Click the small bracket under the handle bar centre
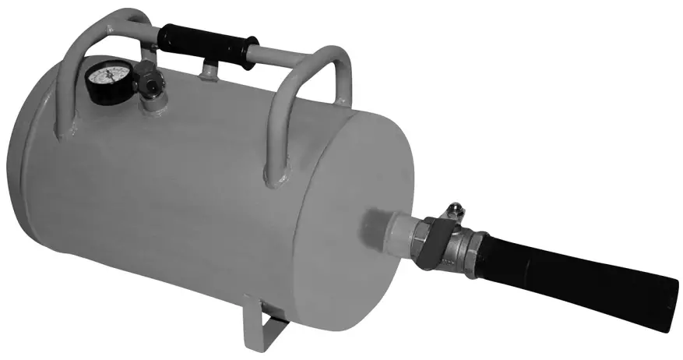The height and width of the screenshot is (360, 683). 209,69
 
